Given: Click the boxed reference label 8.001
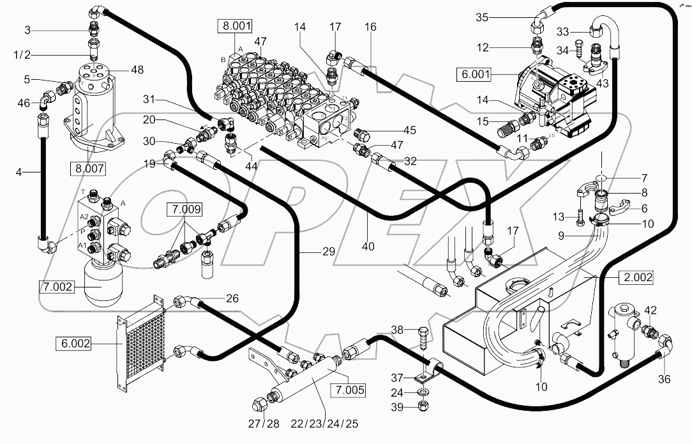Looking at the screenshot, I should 235,27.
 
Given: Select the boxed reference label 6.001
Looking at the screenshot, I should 474,74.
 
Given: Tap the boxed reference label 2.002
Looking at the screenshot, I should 636,278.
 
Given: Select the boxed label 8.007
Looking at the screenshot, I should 88,169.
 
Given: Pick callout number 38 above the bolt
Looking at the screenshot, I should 397,330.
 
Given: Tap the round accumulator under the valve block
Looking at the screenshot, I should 103,289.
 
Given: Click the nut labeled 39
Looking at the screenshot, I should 422,406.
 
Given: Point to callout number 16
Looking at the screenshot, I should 371,27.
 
